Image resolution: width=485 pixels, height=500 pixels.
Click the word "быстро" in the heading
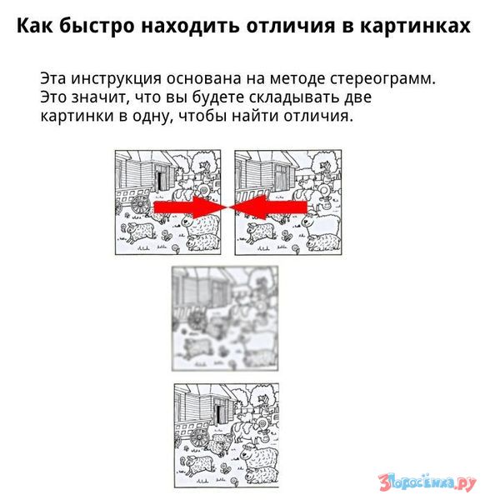[x=97, y=26]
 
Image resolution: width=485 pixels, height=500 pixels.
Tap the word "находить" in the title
[x=190, y=26]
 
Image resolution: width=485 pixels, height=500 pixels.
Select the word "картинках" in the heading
[x=415, y=26]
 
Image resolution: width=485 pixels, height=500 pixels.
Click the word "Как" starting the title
[x=35, y=25]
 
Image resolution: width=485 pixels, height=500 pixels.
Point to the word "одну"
[x=151, y=116]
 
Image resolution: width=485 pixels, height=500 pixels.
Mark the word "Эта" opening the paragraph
[x=53, y=79]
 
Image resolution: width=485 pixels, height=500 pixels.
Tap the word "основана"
[x=202, y=79]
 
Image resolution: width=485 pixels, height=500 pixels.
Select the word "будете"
[x=219, y=97]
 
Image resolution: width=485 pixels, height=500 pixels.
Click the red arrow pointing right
[x=190, y=207]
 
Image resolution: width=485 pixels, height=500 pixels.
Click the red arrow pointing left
[x=269, y=207]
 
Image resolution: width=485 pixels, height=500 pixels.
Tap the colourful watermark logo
[x=427, y=482]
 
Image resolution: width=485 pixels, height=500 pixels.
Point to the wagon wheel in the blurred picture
[x=195, y=320]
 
